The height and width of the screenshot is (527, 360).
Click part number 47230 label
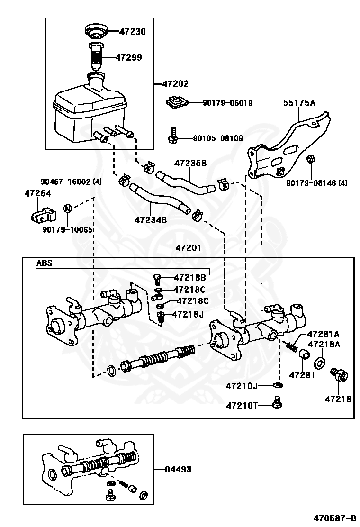tap(132, 32)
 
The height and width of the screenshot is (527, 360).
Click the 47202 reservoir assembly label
tap(175, 84)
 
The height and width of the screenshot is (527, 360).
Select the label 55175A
tap(299, 102)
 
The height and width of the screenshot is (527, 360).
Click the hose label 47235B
tap(190, 164)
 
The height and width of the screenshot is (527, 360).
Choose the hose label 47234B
tap(151, 220)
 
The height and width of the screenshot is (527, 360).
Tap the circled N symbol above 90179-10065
tap(68, 209)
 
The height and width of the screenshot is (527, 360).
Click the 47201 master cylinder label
tap(189, 248)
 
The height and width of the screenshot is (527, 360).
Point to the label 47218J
tap(188, 314)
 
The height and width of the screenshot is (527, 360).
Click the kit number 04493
tap(179, 469)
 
